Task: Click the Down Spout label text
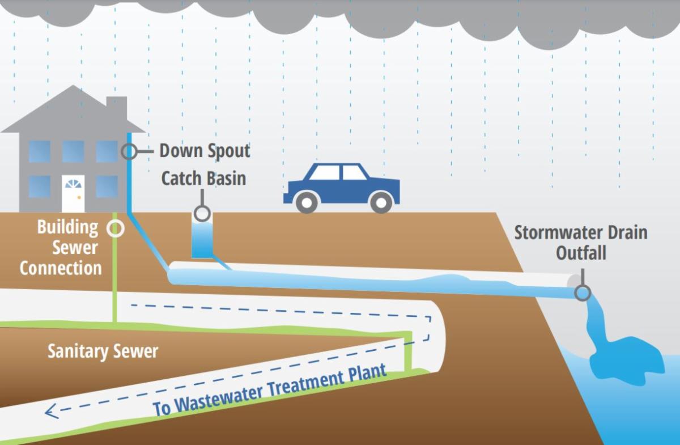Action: [205, 151]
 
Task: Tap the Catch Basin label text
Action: [203, 178]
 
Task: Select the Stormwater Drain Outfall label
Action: [581, 242]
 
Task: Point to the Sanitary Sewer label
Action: [103, 351]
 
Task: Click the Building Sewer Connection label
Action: [61, 247]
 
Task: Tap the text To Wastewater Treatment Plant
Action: [270, 390]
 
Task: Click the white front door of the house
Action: [73, 193]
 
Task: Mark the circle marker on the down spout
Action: [129, 151]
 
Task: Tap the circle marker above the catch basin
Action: [201, 214]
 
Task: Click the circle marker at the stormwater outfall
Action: [582, 293]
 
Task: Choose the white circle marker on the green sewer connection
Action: [116, 228]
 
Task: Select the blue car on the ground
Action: [342, 187]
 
